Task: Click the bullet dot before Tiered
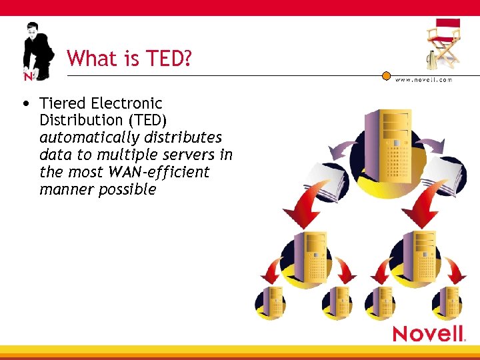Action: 25,104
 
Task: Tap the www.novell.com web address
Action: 423,79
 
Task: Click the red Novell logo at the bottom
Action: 428,333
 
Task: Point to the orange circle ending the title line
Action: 386,76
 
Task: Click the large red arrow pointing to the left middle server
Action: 306,209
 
